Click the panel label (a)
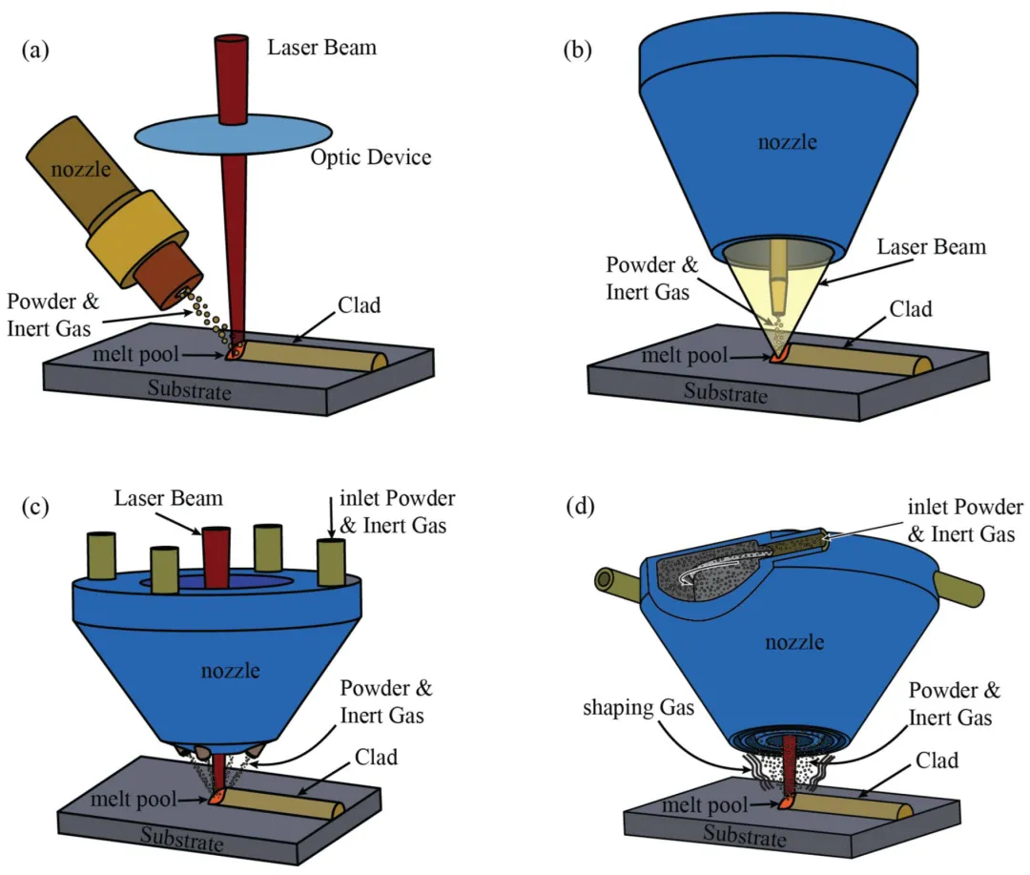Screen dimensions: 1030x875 point(35,50)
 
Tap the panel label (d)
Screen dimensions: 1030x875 point(580,506)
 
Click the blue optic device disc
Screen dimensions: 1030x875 point(234,135)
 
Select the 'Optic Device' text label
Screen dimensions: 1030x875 point(370,157)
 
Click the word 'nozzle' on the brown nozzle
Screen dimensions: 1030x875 point(81,169)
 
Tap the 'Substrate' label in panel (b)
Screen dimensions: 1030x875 point(725,392)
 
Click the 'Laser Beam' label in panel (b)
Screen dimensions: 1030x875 point(932,246)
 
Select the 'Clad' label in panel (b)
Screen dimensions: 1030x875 point(911,309)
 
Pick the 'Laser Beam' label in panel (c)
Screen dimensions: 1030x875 point(168,498)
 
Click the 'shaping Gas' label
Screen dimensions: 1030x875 point(638,708)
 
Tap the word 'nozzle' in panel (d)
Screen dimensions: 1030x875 point(794,641)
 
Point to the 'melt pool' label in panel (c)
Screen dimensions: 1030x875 point(134,799)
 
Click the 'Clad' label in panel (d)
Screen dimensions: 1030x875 point(937,760)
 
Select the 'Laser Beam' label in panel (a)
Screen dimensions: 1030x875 point(322,48)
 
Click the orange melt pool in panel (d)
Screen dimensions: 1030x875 point(785,802)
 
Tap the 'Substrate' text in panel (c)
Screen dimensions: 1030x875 point(182,838)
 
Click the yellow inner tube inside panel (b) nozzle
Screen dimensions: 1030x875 point(778,276)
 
